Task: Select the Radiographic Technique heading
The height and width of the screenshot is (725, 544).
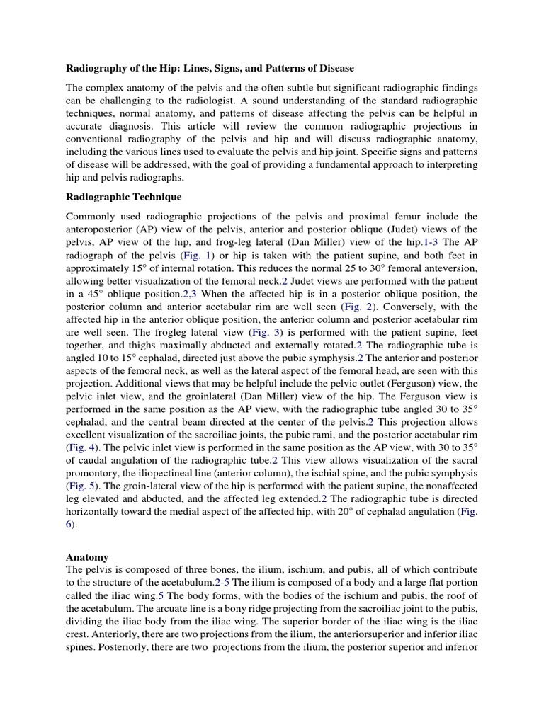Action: (x=124, y=196)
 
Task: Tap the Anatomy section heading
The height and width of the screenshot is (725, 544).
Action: (x=88, y=557)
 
